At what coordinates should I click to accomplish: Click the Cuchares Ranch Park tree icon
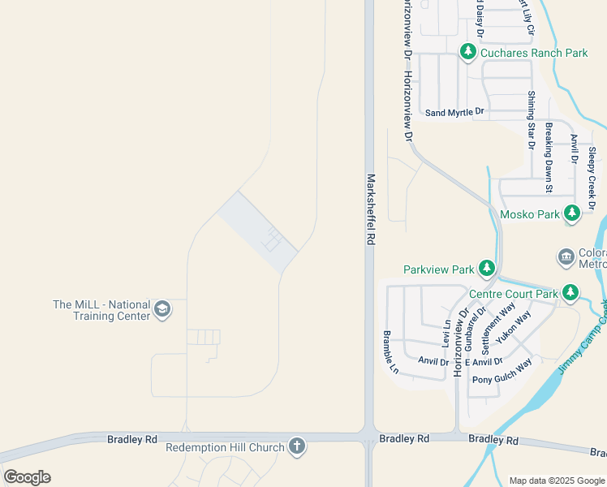pyautogui.click(x=467, y=53)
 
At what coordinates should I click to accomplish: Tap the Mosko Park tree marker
pyautogui.click(x=572, y=214)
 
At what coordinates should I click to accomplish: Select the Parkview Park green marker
pyautogui.click(x=486, y=269)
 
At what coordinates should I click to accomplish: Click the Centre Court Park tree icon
pyautogui.click(x=571, y=292)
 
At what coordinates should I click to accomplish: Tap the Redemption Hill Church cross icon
pyautogui.click(x=297, y=446)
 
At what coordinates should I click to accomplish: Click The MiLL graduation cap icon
pyautogui.click(x=162, y=309)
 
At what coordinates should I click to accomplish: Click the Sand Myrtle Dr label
pyautogui.click(x=454, y=113)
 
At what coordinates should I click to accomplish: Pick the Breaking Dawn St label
pyautogui.click(x=549, y=157)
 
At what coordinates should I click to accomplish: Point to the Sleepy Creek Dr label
pyautogui.click(x=592, y=179)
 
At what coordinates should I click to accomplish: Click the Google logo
pyautogui.click(x=27, y=477)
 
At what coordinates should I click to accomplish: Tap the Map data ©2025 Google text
pyautogui.click(x=557, y=481)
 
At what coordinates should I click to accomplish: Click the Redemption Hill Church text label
pyautogui.click(x=225, y=447)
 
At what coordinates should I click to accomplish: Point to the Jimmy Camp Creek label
pyautogui.click(x=583, y=336)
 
